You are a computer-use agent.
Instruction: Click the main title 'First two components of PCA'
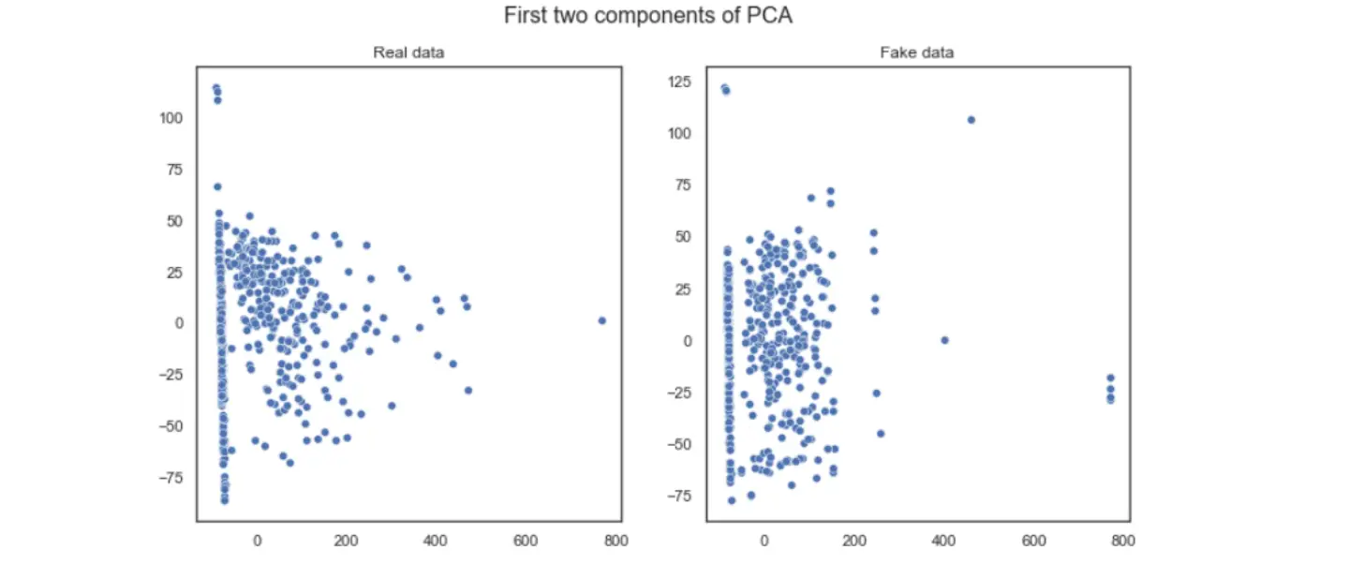(x=647, y=16)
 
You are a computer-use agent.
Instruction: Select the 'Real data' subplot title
(x=408, y=52)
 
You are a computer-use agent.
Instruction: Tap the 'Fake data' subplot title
(x=917, y=52)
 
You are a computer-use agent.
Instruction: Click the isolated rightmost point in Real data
(x=601, y=320)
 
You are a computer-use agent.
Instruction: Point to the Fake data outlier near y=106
(x=971, y=120)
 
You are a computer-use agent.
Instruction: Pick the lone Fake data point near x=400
(x=944, y=340)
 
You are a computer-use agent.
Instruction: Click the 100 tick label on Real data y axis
(x=170, y=118)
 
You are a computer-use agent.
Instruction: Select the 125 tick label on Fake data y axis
(x=679, y=82)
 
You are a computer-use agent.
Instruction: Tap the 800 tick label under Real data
(x=615, y=541)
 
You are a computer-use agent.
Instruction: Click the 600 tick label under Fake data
(x=1033, y=541)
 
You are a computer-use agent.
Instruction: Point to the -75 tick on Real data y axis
(x=170, y=478)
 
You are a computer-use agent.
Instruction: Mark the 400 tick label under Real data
(x=436, y=541)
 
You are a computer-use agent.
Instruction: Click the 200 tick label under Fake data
(x=853, y=541)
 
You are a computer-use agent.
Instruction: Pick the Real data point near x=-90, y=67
(x=217, y=186)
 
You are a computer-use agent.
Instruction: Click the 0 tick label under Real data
(x=258, y=541)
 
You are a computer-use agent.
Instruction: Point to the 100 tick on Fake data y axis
(x=679, y=134)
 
